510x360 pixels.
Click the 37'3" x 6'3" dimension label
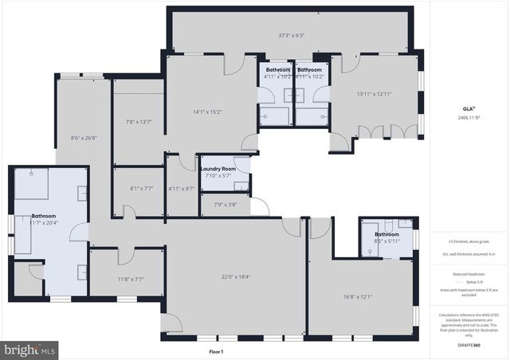pyautogui.click(x=291, y=35)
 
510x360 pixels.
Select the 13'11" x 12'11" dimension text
pyautogui.click(x=374, y=94)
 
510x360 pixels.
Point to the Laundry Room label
pyautogui.click(x=218, y=169)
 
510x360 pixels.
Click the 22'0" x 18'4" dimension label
pyautogui.click(x=236, y=276)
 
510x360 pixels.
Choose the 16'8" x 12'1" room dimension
pyautogui.click(x=358, y=296)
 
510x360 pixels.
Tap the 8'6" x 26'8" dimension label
pyautogui.click(x=84, y=137)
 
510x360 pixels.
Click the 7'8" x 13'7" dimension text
pyautogui.click(x=138, y=121)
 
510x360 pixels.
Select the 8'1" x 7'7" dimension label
pyautogui.click(x=138, y=189)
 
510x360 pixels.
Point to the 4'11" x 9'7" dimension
pyautogui.click(x=182, y=189)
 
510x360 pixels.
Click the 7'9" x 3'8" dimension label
pyautogui.click(x=226, y=205)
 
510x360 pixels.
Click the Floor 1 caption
pyautogui.click(x=216, y=351)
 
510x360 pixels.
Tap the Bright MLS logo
pyautogui.click(x=30, y=349)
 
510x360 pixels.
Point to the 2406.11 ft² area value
pyautogui.click(x=469, y=117)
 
